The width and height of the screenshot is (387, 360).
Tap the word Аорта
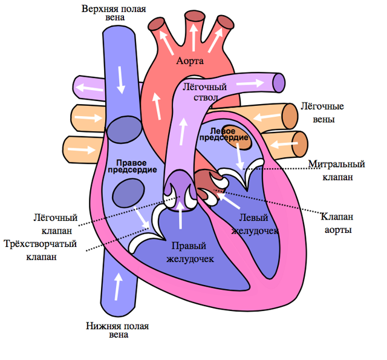(190, 61)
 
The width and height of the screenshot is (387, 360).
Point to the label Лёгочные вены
(322, 113)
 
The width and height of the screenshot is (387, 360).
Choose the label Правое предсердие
(128, 166)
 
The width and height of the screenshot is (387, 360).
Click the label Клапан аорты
(337, 223)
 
